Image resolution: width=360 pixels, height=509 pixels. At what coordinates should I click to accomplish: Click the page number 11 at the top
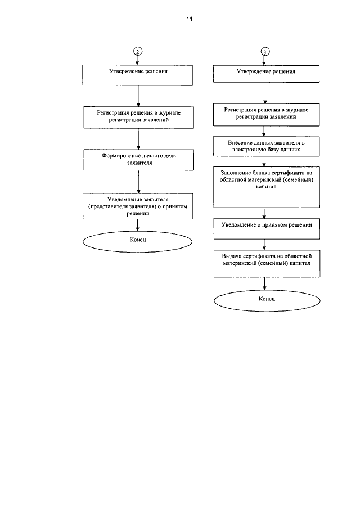pos(189,19)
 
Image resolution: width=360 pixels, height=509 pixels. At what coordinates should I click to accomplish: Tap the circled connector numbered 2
pos(138,52)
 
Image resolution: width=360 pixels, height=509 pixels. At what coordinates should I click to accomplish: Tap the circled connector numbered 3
pos(265,52)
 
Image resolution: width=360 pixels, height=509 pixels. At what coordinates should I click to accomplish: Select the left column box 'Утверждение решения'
pos(138,75)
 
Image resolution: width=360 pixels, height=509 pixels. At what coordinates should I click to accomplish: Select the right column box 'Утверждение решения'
pos(266,74)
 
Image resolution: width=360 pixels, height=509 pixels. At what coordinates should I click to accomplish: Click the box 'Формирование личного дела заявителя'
pos(138,160)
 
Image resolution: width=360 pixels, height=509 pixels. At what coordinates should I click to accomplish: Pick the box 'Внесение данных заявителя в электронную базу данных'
pos(266,146)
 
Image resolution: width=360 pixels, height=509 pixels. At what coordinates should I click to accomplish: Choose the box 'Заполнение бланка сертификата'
pos(267,187)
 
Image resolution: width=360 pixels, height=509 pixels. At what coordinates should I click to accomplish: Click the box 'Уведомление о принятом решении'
pos(267,229)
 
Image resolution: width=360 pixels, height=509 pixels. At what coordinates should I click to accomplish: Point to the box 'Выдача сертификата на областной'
pos(267,263)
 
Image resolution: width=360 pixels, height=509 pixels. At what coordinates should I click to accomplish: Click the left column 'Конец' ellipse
pos(138,241)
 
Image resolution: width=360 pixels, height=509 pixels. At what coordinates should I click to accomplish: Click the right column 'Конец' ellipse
pos(267,300)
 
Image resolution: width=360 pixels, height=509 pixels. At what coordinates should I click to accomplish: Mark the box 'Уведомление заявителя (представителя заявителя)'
pos(138,206)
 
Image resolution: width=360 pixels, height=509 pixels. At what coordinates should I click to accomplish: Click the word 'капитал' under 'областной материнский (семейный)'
pos(266,187)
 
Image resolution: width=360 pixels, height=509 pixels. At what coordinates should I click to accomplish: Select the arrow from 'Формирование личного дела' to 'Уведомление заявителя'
pos(138,182)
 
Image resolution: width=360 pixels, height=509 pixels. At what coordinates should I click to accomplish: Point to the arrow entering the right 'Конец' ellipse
pos(265,283)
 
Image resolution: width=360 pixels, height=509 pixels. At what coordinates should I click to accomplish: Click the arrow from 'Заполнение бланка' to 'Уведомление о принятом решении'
pos(264,213)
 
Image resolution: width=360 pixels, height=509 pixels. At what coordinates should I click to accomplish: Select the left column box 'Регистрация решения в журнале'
pos(138,118)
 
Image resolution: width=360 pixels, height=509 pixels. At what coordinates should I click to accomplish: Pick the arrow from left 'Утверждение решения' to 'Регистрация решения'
pos(138,96)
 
